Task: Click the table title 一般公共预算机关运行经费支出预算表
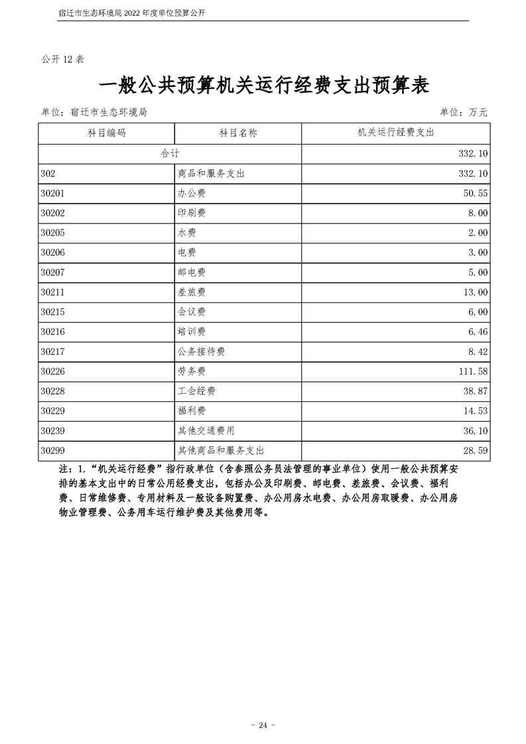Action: [x=263, y=87]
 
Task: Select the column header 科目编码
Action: [x=106, y=133]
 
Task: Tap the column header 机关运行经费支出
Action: [x=395, y=133]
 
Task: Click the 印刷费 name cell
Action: [x=192, y=213]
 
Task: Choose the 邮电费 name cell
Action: [x=192, y=273]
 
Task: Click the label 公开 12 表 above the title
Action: [x=64, y=60]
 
